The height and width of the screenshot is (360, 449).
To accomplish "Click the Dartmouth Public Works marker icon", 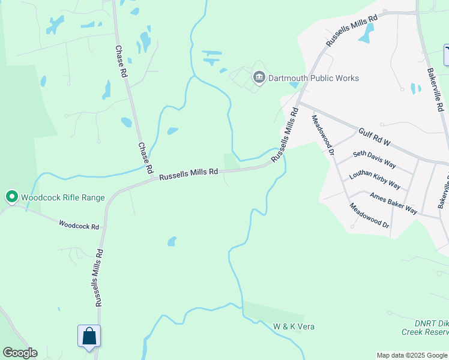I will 259,77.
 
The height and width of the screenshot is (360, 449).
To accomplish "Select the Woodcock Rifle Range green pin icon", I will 11,197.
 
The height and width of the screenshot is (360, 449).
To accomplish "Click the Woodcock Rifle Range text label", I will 63,197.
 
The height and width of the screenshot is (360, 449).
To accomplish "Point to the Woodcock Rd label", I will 79,226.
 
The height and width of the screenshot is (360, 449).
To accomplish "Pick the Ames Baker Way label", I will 393,202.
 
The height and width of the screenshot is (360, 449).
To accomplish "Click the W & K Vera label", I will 294,326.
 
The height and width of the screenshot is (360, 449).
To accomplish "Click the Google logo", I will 20,353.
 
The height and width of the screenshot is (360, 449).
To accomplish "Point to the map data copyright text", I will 412,355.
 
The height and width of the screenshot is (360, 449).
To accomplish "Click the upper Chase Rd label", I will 121,62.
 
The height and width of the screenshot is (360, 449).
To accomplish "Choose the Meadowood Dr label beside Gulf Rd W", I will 322,136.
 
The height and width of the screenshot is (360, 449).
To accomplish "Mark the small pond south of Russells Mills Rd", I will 172,241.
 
